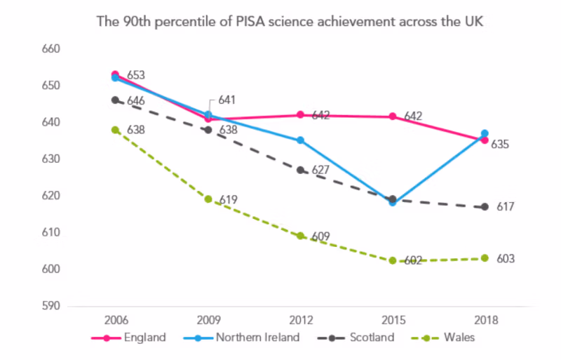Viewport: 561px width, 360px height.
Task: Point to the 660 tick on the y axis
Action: pyautogui.click(x=53, y=49)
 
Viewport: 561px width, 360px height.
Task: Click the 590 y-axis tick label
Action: pyautogui.click(x=53, y=306)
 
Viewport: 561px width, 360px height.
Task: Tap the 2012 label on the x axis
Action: pyautogui.click(x=300, y=321)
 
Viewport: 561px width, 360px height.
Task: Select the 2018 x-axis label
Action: pyautogui.click(x=485, y=321)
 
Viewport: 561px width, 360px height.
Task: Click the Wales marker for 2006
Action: pyautogui.click(x=116, y=130)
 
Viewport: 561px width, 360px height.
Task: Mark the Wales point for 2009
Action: pyautogui.click(x=208, y=199)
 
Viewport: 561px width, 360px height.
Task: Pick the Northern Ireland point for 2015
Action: pyautogui.click(x=393, y=202)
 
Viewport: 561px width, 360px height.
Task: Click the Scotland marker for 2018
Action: pyautogui.click(x=485, y=207)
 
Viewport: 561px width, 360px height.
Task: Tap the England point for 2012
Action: pyautogui.click(x=300, y=114)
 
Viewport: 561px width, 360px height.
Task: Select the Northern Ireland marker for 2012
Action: pyautogui.click(x=300, y=140)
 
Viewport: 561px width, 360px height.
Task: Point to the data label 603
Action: pyautogui.click(x=505, y=259)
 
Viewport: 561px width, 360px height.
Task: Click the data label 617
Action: pyautogui.click(x=505, y=207)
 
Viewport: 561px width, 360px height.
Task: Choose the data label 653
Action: pyautogui.click(x=136, y=75)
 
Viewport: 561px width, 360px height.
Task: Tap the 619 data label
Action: pyautogui.click(x=228, y=200)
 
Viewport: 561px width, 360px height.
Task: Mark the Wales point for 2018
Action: pyautogui.click(x=485, y=258)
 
